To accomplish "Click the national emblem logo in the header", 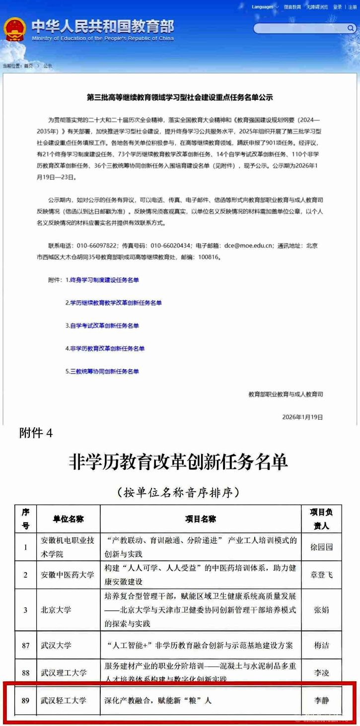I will tap(15, 30).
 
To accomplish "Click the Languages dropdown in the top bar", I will tap(264, 7).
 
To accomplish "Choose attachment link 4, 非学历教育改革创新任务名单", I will tap(105, 348).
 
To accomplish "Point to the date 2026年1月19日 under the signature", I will tap(302, 417).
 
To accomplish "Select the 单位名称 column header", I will tap(69, 519).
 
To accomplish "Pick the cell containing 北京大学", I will tap(56, 609).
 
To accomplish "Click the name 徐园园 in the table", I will tap(322, 547).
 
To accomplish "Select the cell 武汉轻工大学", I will tap(64, 701).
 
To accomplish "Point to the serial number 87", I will tap(25, 646).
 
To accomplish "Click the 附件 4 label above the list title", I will tap(36, 433).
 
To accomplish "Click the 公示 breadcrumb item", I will tap(48, 66).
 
